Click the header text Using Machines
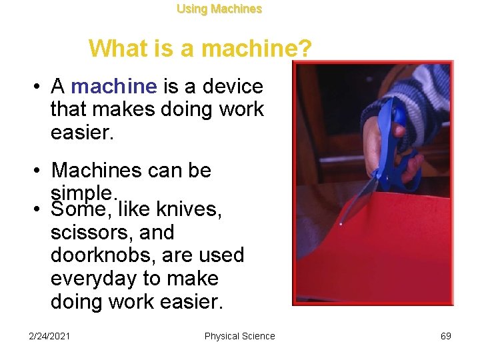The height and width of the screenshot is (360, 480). click(x=219, y=9)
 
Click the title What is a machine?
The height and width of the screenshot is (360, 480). click(x=199, y=48)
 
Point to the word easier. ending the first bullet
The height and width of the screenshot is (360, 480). click(x=83, y=131)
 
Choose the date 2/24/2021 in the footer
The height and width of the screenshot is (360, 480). click(x=50, y=336)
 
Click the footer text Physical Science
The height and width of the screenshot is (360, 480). click(x=239, y=336)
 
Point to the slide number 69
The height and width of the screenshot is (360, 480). click(x=446, y=336)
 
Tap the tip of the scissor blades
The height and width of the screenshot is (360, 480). click(x=341, y=223)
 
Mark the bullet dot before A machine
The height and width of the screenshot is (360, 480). click(x=40, y=87)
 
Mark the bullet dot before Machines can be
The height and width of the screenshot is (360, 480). click(x=40, y=171)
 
